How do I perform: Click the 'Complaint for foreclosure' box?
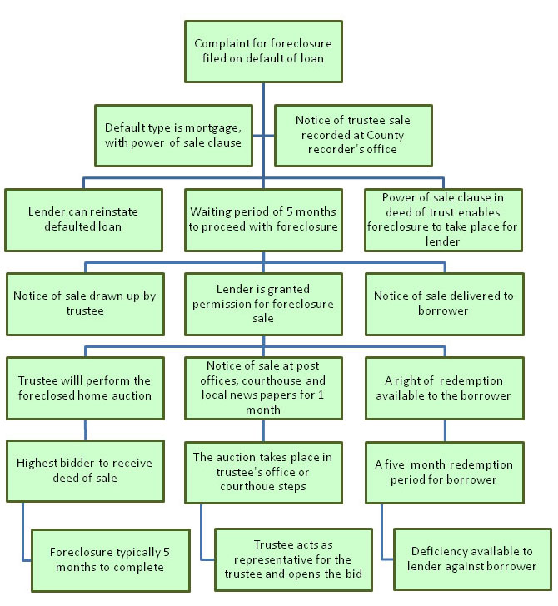click(263, 52)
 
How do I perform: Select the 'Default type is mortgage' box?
click(173, 136)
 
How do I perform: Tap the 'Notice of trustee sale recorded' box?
click(353, 136)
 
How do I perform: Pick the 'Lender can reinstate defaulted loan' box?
click(83, 220)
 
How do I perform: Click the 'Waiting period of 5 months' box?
click(263, 220)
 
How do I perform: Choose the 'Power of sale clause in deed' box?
click(443, 220)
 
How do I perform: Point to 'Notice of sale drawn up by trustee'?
click(85, 304)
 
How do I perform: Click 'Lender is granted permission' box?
click(263, 304)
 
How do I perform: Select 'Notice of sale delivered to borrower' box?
click(445, 304)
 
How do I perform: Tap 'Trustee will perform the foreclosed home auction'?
click(85, 388)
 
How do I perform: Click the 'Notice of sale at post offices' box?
click(263, 388)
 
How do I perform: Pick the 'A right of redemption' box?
click(445, 388)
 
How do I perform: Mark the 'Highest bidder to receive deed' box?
click(85, 471)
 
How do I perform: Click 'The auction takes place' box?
click(263, 473)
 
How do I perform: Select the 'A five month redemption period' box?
click(445, 473)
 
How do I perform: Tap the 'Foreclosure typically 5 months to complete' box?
click(111, 560)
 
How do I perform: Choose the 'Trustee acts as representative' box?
click(293, 559)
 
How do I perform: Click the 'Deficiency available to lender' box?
click(472, 559)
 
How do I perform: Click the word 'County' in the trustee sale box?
click(385, 135)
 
